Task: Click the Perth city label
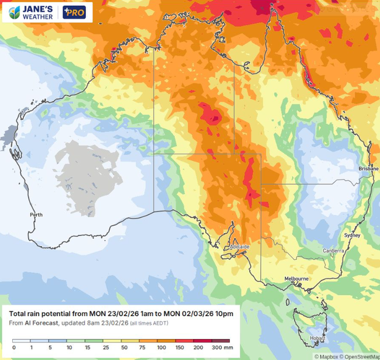pyautogui.click(x=36, y=215)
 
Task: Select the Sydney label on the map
pyautogui.click(x=352, y=235)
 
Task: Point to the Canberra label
pyautogui.click(x=333, y=251)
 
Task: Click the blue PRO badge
pyautogui.click(x=76, y=12)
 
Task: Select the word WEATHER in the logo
pyautogui.click(x=37, y=16)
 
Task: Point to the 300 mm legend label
pyautogui.click(x=224, y=348)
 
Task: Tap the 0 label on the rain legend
pyautogui.click(x=13, y=348)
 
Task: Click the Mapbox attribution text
pyautogui.click(x=326, y=356)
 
